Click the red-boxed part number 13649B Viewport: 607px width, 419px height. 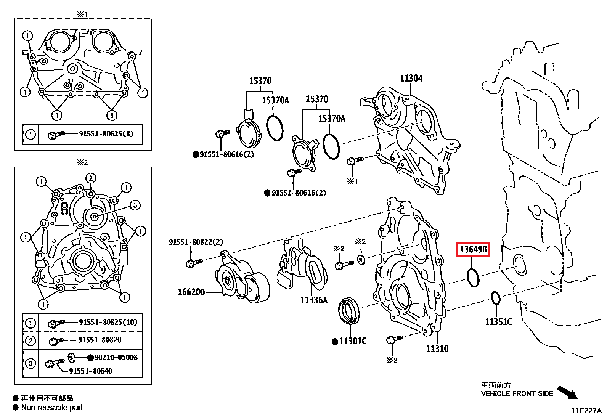[473, 249]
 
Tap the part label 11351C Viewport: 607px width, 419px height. [498, 322]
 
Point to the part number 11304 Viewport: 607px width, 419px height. [411, 79]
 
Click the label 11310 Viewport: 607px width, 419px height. [437, 349]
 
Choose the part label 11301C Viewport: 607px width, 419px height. [353, 341]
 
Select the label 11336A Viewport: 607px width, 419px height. [314, 300]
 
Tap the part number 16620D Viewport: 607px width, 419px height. [191, 292]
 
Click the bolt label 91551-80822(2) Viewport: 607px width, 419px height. [196, 242]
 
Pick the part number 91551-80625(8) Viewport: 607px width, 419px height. [106, 134]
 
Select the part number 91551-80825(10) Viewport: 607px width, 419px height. [108, 323]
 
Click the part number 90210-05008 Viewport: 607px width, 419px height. [116, 358]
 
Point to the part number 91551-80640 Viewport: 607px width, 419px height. [91, 371]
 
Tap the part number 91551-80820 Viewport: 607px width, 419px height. [100, 340]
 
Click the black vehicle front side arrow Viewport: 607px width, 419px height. [568, 392]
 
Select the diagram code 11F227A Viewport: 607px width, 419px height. [586, 411]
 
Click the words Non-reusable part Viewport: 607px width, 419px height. [52, 408]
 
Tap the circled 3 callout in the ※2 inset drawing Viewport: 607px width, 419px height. [135, 205]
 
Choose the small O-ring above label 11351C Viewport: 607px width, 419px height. [495, 298]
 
